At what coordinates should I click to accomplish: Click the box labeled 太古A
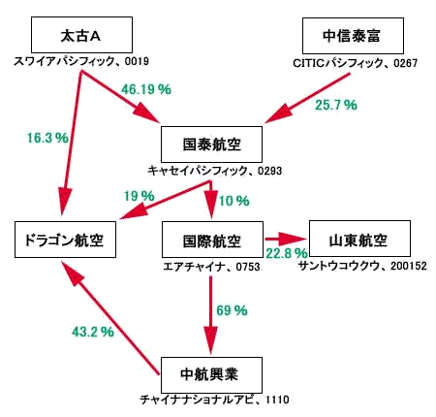tap(81, 35)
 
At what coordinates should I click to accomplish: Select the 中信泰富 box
tap(353, 36)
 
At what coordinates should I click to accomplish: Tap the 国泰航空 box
tap(211, 144)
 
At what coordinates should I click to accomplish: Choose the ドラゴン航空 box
tap(65, 240)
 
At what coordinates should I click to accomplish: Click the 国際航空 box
tap(212, 240)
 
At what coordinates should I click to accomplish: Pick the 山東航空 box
tap(359, 239)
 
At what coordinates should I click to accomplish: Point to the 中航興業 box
tap(211, 375)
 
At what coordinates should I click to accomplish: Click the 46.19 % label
tap(146, 89)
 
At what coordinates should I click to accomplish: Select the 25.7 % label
tap(336, 105)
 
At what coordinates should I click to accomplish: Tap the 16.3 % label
tap(47, 138)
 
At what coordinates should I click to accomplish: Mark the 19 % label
tap(140, 196)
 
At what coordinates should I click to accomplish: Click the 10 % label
tap(234, 201)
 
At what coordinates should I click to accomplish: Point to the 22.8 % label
tap(287, 253)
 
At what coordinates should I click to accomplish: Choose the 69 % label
tap(232, 310)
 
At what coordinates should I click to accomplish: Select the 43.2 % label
tap(93, 332)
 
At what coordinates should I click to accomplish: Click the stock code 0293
tap(269, 171)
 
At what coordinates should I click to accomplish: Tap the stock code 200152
tap(409, 266)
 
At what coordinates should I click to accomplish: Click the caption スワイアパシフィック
tap(64, 61)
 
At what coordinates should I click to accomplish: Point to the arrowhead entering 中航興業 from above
tap(211, 340)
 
